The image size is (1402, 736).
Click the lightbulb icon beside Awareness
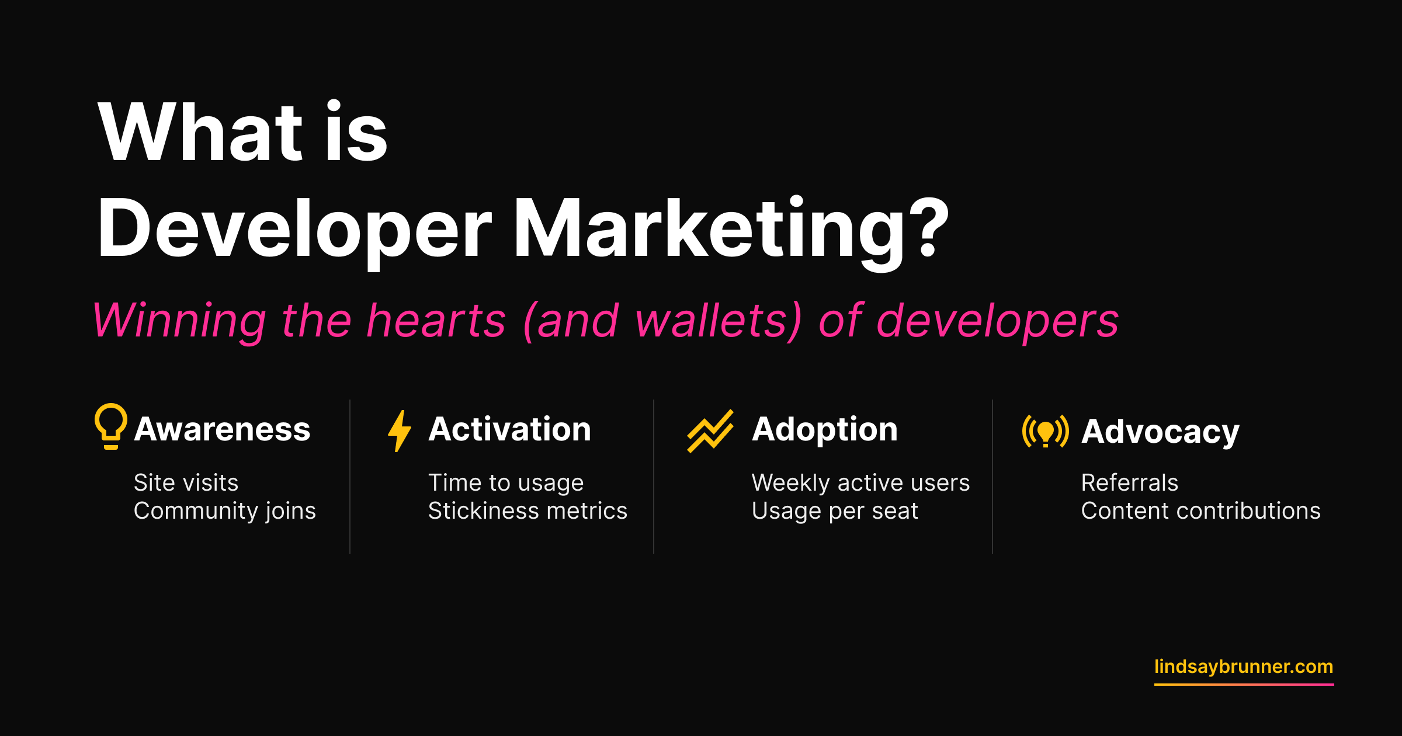pyautogui.click(x=111, y=426)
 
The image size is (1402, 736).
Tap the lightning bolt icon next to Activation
pyautogui.click(x=400, y=431)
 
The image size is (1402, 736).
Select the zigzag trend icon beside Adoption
pyautogui.click(x=710, y=431)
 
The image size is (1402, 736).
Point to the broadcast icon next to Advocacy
pyautogui.click(x=1046, y=431)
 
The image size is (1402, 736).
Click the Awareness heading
pyautogui.click(x=222, y=429)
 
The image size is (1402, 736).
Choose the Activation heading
pyautogui.click(x=510, y=429)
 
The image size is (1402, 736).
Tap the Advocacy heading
pyautogui.click(x=1160, y=433)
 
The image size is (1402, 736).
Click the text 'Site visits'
pyautogui.click(x=186, y=482)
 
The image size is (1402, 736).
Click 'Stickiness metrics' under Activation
pyautogui.click(x=528, y=511)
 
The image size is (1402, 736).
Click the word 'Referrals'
pyautogui.click(x=1130, y=482)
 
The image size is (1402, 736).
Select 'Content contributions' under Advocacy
pyautogui.click(x=1201, y=511)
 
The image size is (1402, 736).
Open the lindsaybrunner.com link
pyautogui.click(x=1244, y=667)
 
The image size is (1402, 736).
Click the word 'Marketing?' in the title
pyautogui.click(x=731, y=229)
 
